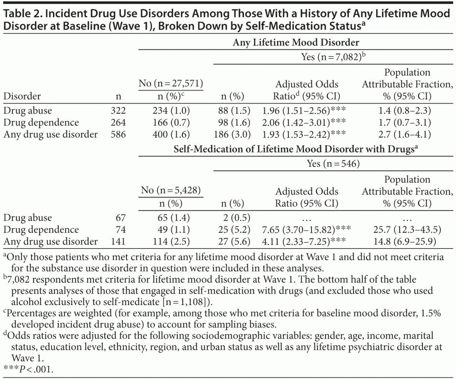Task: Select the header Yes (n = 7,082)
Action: pyautogui.click(x=334, y=57)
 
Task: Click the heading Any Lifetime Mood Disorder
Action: pyautogui.click(x=296, y=42)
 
